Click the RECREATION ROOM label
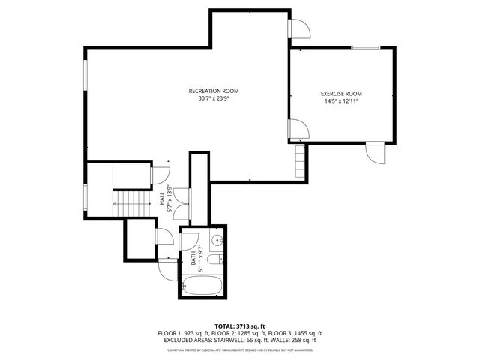pos(219,91)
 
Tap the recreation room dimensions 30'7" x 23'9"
pos(219,98)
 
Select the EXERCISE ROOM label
pos(341,94)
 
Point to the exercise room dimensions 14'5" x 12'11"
pos(341,101)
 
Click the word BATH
pos(193,258)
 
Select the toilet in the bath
pos(214,259)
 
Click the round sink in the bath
pos(216,241)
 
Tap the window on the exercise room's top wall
pos(365,48)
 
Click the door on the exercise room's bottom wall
pos(374,152)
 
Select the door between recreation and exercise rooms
pos(295,129)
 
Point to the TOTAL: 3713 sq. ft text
pos(240,326)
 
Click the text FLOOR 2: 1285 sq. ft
pos(241,333)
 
